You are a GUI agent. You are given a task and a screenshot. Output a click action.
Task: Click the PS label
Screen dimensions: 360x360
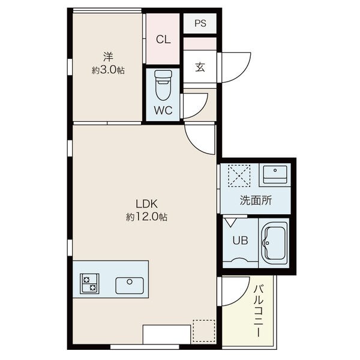pyautogui.click(x=200, y=23)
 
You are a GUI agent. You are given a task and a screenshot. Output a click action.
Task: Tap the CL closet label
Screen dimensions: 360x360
pyautogui.click(x=163, y=39)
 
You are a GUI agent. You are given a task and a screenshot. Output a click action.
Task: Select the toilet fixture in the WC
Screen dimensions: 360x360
pyautogui.click(x=163, y=85)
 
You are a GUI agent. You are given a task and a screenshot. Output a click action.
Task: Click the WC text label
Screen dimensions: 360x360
pyautogui.click(x=163, y=110)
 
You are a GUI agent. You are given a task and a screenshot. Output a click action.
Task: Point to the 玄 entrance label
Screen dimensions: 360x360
pyautogui.click(x=200, y=67)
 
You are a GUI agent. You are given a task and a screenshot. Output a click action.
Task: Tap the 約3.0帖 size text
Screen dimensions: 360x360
pyautogui.click(x=108, y=70)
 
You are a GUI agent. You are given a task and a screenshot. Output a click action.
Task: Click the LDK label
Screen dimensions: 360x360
pyautogui.click(x=146, y=203)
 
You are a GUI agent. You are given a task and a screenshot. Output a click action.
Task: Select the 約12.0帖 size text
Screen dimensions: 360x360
pyautogui.click(x=146, y=217)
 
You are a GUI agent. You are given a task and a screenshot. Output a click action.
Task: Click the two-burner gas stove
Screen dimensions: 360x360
pyautogui.click(x=89, y=283)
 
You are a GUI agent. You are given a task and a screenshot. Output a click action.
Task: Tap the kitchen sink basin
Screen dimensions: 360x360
pyautogui.click(x=130, y=286)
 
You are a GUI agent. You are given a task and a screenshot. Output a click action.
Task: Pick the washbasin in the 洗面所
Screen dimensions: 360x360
pyautogui.click(x=275, y=175)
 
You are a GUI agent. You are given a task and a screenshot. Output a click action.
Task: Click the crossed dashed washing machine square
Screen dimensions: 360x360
pyautogui.click(x=239, y=176)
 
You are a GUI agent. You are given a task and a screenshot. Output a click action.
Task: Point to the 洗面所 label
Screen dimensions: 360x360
pyautogui.click(x=256, y=200)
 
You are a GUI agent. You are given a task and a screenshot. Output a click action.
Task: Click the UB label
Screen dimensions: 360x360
pyautogui.click(x=240, y=241)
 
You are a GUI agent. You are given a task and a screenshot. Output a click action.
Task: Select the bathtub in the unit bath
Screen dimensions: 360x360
pyautogui.click(x=274, y=242)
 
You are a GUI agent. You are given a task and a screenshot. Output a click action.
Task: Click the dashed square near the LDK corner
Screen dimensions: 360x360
pyautogui.click(x=204, y=331)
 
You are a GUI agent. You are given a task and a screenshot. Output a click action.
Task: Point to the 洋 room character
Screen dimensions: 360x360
pyautogui.click(x=108, y=57)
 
